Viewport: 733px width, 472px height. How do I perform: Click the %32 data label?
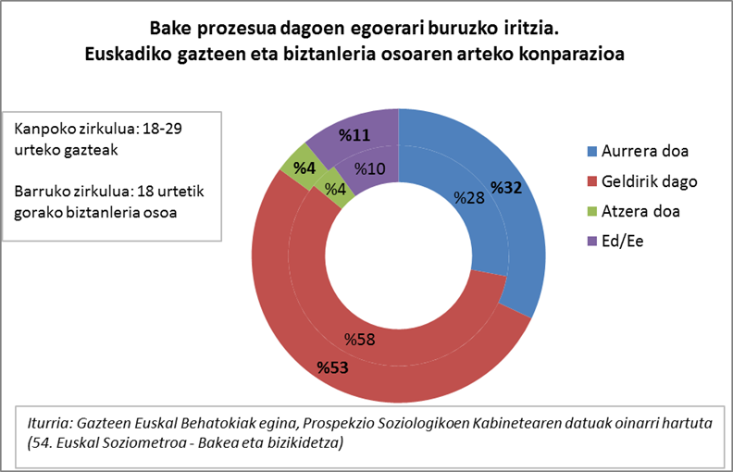coord(506,188)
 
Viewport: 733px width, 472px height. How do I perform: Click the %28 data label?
coord(468,197)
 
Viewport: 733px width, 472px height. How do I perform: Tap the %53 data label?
coord(332,368)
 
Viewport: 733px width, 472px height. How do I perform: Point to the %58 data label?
coord(359,339)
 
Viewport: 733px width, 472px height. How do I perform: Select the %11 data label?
coord(354,136)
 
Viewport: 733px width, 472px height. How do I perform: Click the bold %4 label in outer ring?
coord(304,168)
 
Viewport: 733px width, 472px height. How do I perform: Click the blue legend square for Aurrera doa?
coord(590,151)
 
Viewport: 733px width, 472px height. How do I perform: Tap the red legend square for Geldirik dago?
coord(590,180)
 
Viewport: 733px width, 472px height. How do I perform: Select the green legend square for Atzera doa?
coord(590,211)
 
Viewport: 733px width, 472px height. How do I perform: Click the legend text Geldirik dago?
coord(649,180)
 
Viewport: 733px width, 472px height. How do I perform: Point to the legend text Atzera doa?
coord(640,211)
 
